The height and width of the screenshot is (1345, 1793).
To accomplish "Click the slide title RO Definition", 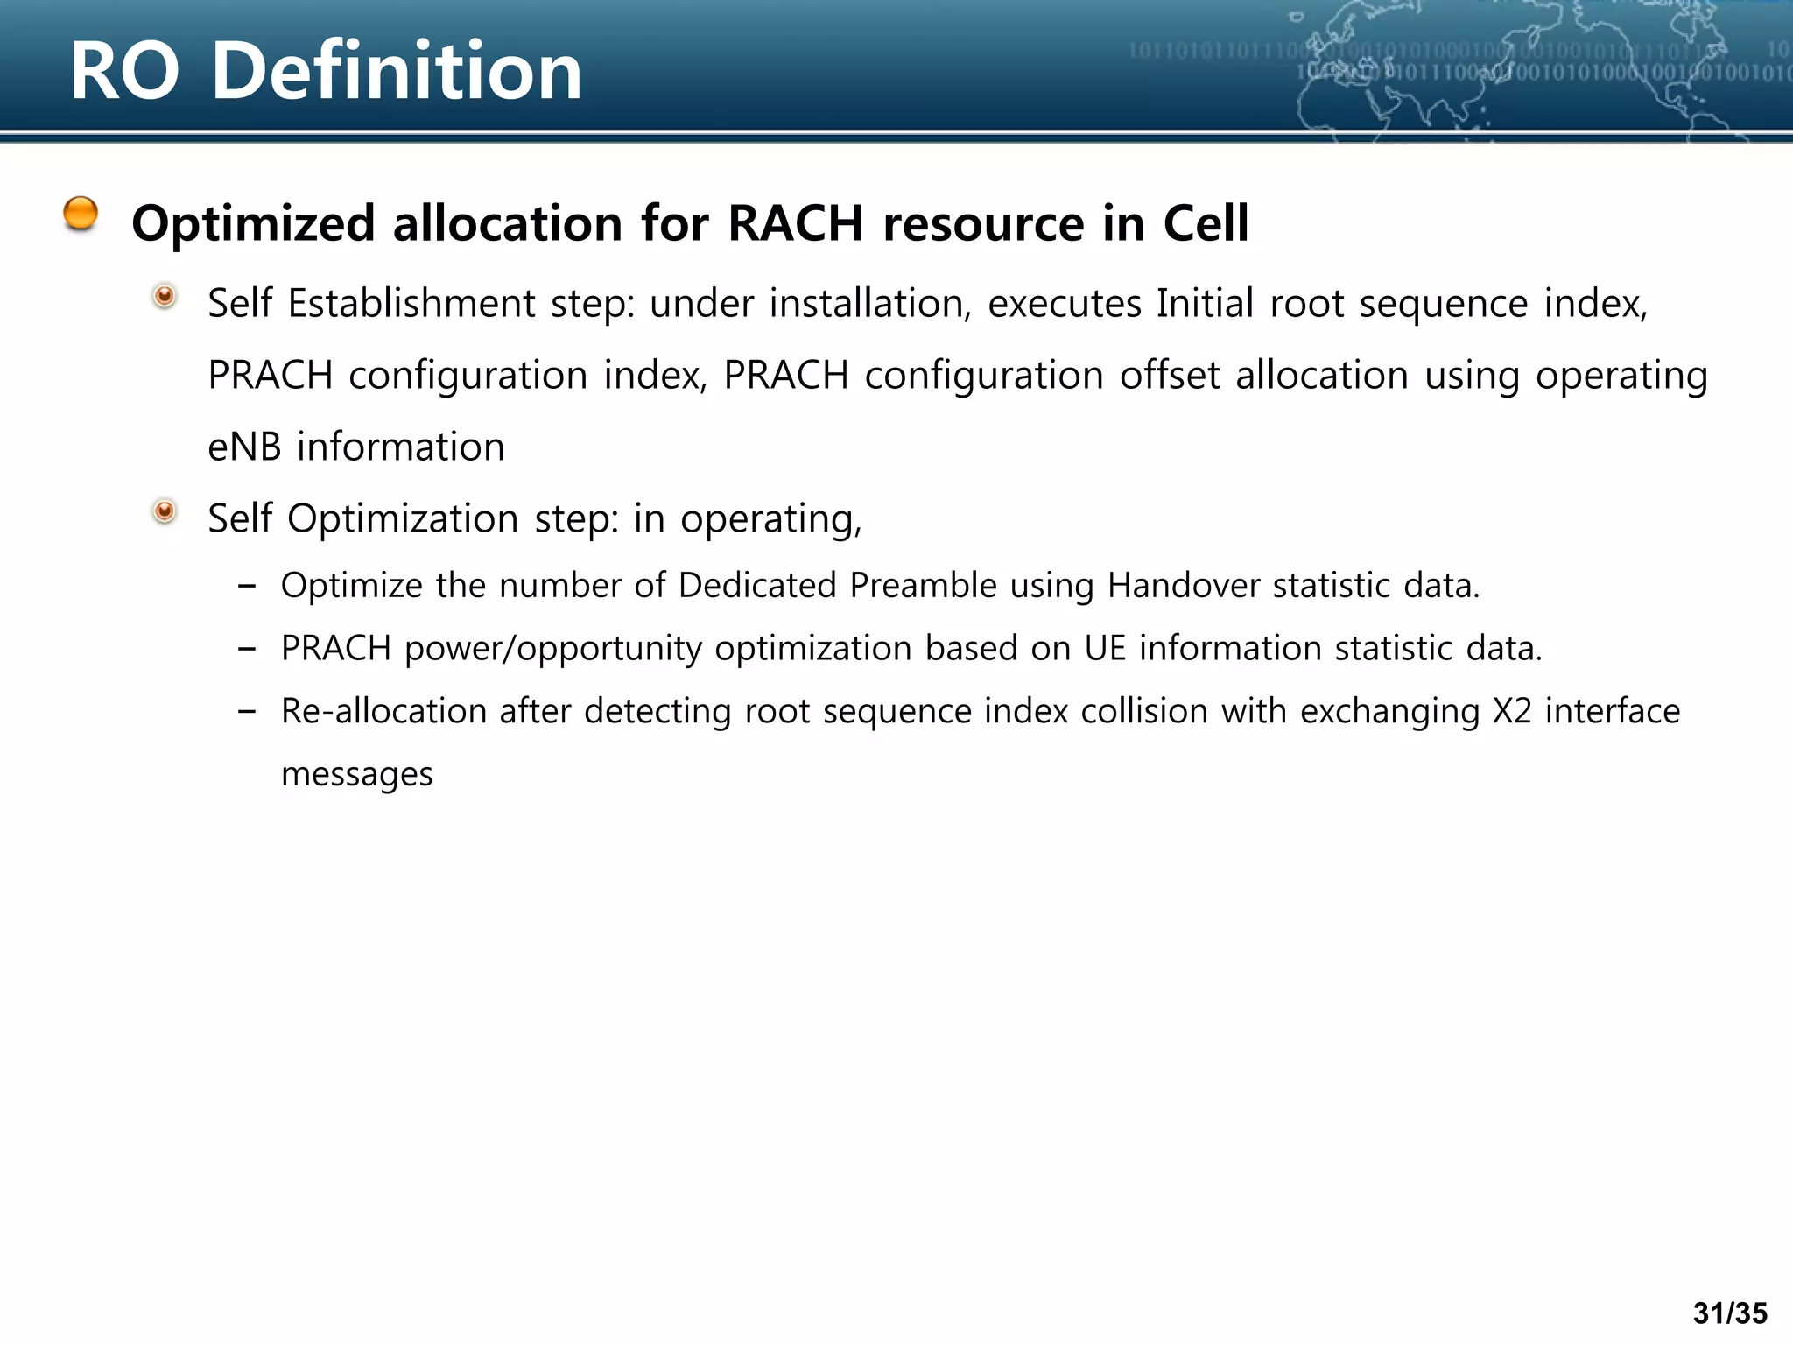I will pyautogui.click(x=326, y=72).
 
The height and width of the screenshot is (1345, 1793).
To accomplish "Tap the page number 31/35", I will pyautogui.click(x=1730, y=1313).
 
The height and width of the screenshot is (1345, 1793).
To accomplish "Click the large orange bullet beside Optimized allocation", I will pyautogui.click(x=81, y=214).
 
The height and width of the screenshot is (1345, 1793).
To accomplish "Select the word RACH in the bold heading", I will pyautogui.click(x=795, y=223).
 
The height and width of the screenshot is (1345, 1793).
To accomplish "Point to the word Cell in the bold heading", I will pyautogui.click(x=1206, y=223).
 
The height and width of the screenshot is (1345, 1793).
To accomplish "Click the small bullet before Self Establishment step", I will pyautogui.click(x=165, y=297).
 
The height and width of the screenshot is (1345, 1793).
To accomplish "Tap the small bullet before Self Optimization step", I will pyautogui.click(x=165, y=511).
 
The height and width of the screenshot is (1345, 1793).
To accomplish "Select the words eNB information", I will pyautogui.click(x=356, y=447).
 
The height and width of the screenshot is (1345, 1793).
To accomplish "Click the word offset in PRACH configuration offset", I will pyautogui.click(x=1170, y=376).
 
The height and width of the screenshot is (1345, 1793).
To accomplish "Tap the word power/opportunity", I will pyautogui.click(x=553, y=649).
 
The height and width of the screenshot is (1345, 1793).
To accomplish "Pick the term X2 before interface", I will pyautogui.click(x=1512, y=711).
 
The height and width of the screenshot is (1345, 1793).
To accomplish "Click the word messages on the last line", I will pyautogui.click(x=357, y=775).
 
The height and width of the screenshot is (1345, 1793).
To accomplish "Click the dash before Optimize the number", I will pyautogui.click(x=247, y=586).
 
